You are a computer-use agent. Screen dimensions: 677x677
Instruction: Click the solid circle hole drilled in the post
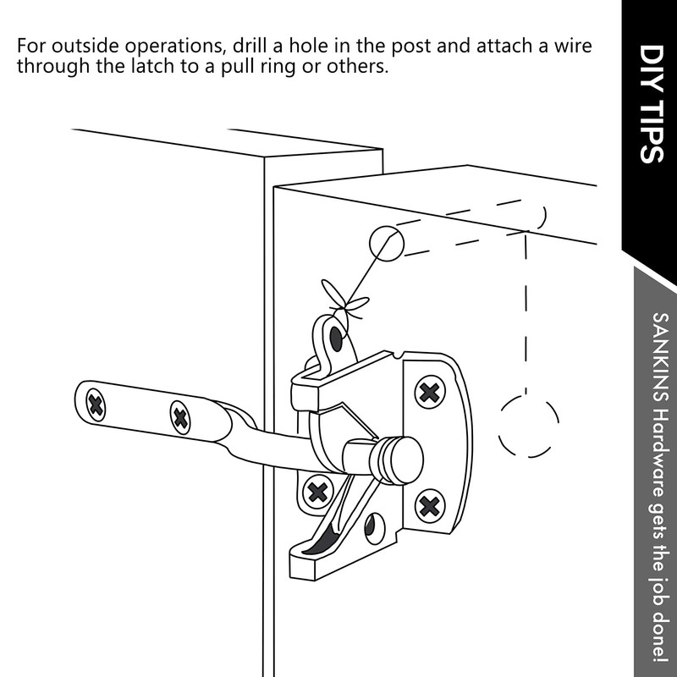(387, 244)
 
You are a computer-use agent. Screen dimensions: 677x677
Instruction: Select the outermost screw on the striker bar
(96, 405)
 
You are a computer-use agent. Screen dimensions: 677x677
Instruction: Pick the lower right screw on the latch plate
(429, 505)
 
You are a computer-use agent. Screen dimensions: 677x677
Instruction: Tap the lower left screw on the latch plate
(318, 490)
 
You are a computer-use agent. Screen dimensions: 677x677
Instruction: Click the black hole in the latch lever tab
(336, 339)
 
